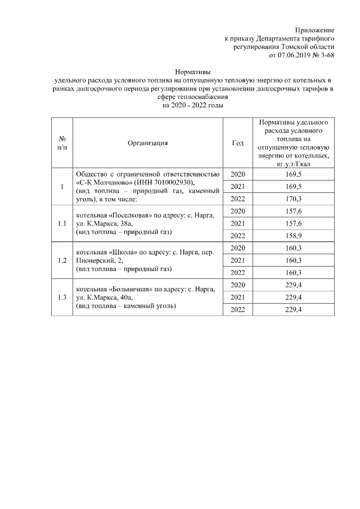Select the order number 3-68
tap(327, 56)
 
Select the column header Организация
tap(148, 143)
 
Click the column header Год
tap(238, 143)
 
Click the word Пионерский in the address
tap(92, 260)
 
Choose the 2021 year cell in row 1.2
tap(238, 260)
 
